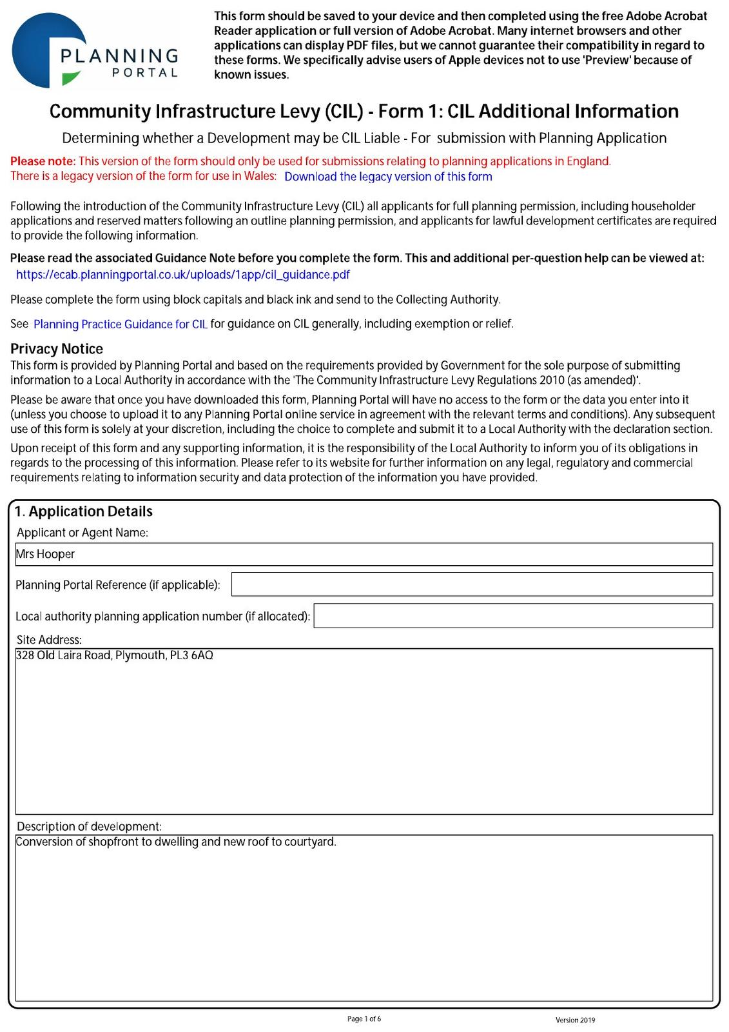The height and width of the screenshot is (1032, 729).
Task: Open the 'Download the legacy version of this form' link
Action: tap(388, 177)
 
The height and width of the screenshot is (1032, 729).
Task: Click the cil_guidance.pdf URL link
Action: tap(182, 275)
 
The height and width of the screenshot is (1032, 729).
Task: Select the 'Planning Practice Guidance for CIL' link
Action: tap(121, 324)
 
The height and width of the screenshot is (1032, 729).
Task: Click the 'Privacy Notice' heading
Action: tap(57, 349)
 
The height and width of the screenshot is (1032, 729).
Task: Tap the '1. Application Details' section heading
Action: tap(84, 511)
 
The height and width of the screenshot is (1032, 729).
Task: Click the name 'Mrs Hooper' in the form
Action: tap(46, 554)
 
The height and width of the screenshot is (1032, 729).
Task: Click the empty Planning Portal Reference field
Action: tap(471, 584)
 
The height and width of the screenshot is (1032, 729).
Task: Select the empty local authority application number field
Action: tap(512, 615)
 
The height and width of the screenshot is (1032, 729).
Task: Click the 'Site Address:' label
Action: tap(49, 640)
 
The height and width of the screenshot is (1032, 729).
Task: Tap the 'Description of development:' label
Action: tap(89, 826)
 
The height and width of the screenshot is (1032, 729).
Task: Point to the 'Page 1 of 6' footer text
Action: tap(364, 1019)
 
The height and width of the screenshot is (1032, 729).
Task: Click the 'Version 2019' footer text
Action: tap(575, 1020)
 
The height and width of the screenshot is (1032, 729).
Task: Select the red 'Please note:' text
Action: tap(43, 161)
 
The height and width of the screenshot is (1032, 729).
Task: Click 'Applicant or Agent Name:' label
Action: tap(83, 533)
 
